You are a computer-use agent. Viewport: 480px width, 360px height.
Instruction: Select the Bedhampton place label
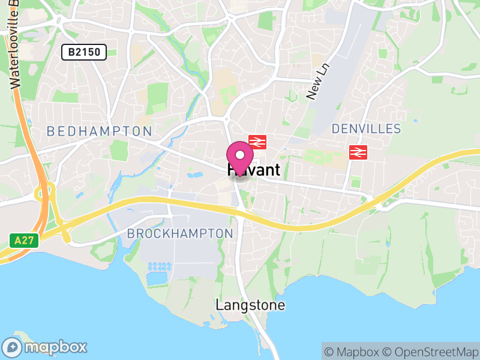coord(99,131)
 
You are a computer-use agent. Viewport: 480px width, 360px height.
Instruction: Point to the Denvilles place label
coord(366,129)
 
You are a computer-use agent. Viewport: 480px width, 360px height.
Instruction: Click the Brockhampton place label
coord(180,233)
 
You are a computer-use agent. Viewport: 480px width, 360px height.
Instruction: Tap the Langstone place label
coord(250,305)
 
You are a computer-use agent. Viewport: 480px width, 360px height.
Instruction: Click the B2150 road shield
coord(84,53)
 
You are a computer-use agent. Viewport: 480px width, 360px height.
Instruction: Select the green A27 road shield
coord(25,241)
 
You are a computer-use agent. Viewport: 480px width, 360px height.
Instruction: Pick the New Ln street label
coord(318,81)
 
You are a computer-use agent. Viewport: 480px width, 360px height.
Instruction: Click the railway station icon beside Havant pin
coord(257,142)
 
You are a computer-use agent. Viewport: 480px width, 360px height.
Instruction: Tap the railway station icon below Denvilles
coord(358,152)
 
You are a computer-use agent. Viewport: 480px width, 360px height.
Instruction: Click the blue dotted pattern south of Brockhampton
coord(159,266)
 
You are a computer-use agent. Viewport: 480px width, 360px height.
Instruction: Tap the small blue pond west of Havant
coord(194,176)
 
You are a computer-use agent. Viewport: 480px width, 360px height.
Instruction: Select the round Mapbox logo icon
coord(13,347)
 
